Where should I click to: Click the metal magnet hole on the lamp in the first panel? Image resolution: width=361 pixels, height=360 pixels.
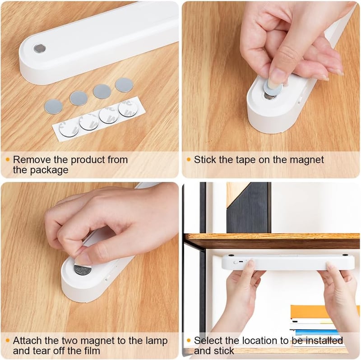click(40, 48)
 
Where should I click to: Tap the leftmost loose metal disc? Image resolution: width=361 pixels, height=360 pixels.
click(53, 106)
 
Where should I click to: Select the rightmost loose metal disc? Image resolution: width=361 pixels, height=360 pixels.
click(124, 85)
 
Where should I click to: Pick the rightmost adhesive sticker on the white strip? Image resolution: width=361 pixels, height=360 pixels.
click(128, 108)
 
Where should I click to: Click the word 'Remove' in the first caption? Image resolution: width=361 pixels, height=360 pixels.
click(32, 160)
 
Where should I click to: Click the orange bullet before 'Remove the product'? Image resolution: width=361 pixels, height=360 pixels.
click(8, 160)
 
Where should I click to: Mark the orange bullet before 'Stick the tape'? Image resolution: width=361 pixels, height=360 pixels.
click(189, 160)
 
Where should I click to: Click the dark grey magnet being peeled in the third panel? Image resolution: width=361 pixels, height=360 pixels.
click(83, 270)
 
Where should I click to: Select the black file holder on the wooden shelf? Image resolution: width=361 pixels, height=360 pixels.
click(249, 208)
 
